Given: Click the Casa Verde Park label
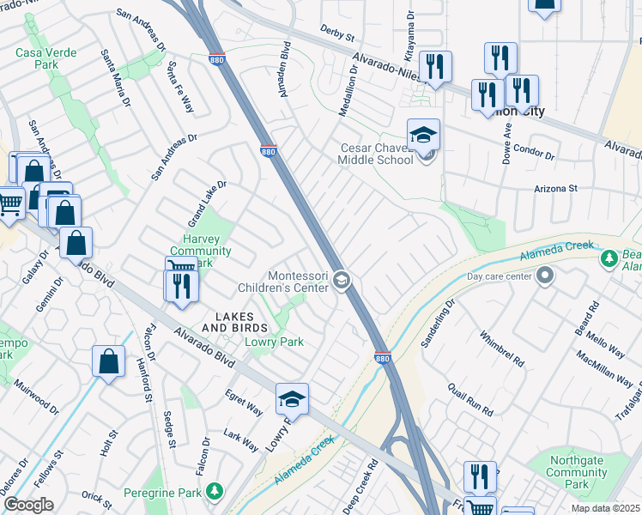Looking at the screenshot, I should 45,59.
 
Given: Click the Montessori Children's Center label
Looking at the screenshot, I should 299,282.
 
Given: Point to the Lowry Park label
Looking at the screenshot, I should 275,342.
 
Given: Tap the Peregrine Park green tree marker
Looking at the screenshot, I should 214,491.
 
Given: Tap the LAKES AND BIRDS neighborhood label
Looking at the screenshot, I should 234,321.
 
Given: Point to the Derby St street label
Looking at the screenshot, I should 337,34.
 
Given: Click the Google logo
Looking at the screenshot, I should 28,506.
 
